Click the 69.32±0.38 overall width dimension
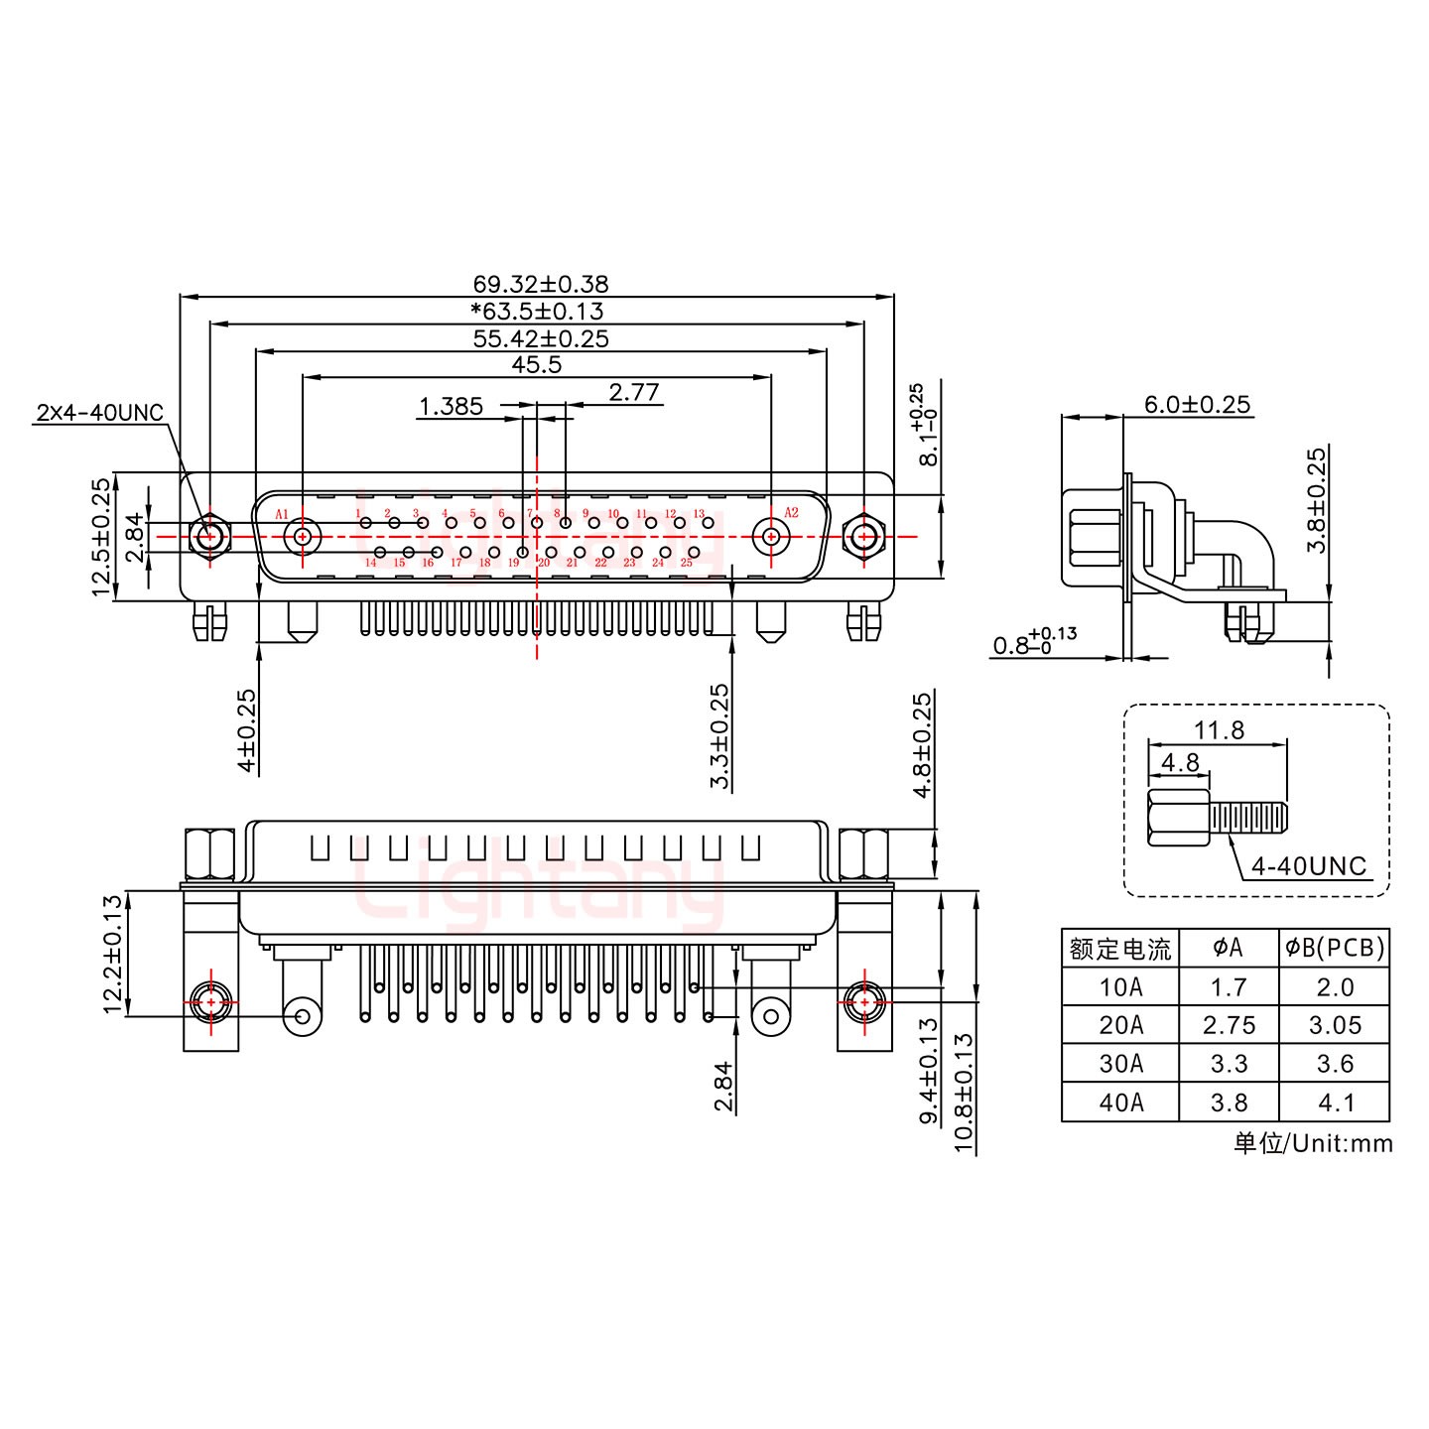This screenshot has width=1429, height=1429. coord(540,285)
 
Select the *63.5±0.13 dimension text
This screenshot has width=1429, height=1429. coord(537,312)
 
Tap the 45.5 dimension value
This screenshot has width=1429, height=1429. coord(537,365)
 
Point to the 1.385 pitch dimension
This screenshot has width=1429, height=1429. coord(451,406)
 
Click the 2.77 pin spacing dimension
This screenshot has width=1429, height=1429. coord(633,393)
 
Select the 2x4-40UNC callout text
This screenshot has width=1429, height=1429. coord(99,413)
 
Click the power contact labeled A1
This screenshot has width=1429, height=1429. coord(303,537)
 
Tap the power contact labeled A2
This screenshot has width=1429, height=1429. coord(769,537)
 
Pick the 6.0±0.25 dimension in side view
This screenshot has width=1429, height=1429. coord(1197,405)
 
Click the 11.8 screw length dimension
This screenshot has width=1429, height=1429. coord(1219,730)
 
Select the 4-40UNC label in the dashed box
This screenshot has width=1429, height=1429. coord(1308,866)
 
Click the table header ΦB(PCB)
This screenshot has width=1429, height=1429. coord(1334,949)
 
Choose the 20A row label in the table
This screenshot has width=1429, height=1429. coord(1120,1025)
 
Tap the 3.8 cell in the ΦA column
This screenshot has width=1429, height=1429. coord(1229,1103)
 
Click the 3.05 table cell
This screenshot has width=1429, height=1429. coord(1334,1025)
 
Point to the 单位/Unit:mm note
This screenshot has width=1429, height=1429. coord(1312,1143)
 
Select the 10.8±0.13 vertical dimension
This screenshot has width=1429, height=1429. coord(962,1092)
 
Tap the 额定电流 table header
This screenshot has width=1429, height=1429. coord(1120,950)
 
